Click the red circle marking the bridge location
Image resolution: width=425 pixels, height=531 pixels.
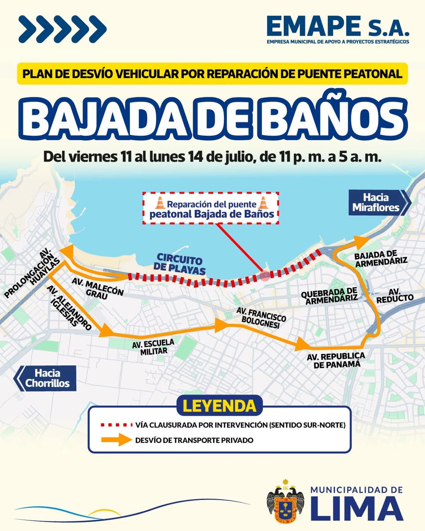coord(265,276)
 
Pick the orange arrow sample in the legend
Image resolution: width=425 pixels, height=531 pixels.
coord(112,440)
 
